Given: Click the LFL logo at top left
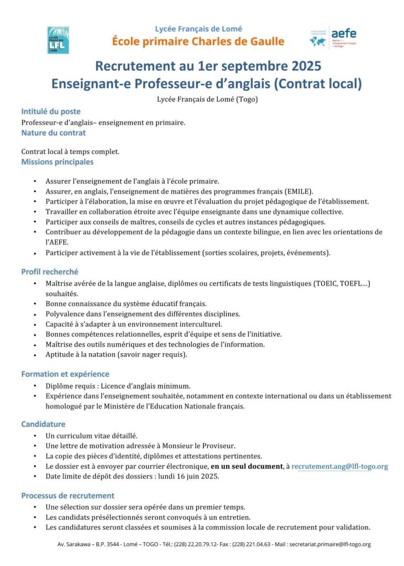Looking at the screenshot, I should coord(58,40).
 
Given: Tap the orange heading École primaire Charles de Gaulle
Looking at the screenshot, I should coord(198,41).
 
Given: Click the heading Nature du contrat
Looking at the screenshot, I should coord(54,133).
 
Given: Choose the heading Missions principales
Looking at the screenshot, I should coord(57,162).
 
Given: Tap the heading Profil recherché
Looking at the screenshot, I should coord(50,271).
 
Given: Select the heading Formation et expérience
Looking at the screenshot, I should coord(65,374).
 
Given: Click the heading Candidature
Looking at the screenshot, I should coord(44,424).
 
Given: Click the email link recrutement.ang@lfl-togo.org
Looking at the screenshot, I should coord(339,466).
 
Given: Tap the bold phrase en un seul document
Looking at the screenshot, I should coord(246,466).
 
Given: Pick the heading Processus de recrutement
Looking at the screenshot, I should coord(68,495).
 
